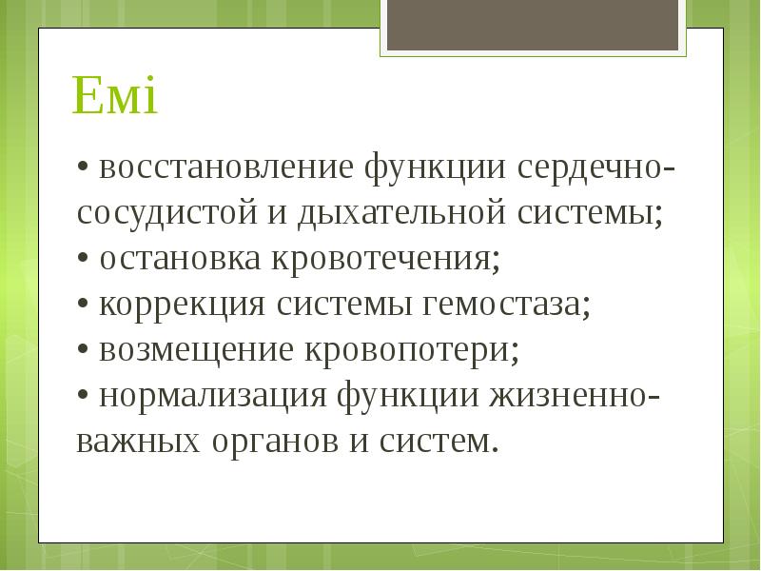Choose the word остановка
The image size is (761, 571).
182,259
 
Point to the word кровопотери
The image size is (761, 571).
412,350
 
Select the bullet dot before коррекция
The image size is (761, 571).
84,305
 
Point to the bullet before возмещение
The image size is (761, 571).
84,351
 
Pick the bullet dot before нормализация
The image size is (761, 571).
84,397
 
